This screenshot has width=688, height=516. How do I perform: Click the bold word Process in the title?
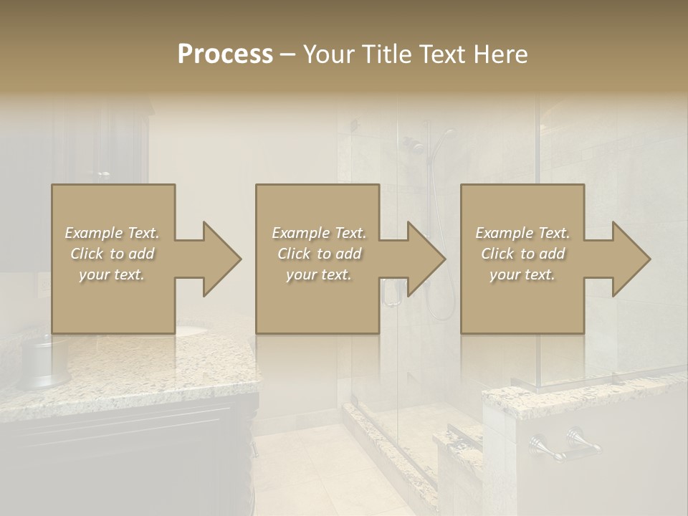click(225, 54)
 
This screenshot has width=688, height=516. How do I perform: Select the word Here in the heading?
click(502, 54)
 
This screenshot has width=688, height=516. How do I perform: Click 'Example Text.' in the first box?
click(112, 233)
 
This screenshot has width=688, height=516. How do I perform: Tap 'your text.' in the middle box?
click(318, 274)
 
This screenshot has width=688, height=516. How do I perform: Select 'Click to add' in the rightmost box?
click(522, 254)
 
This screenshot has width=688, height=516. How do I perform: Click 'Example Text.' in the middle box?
click(318, 233)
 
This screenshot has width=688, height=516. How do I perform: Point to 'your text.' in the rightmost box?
click(522, 274)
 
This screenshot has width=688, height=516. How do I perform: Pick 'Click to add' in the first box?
click(112, 254)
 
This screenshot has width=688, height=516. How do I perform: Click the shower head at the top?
click(447, 133)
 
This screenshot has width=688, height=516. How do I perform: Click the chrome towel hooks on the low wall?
click(566, 444)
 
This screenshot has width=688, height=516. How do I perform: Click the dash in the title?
click(287, 54)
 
